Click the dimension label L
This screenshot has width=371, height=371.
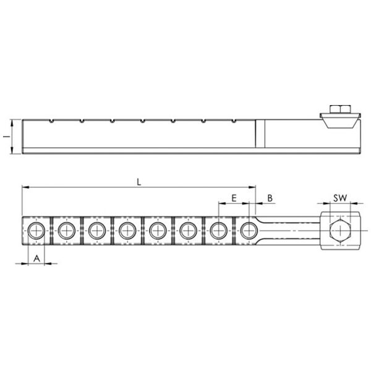click(139, 182)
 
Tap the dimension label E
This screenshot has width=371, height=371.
click(234, 198)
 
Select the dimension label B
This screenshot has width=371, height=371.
click(270, 198)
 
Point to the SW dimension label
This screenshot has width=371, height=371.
click(340, 198)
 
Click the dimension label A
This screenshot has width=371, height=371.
click(36, 258)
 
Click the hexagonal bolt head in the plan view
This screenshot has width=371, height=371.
click(340, 231)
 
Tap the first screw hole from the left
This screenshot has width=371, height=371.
click(36, 231)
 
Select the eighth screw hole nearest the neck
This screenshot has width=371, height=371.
click(249, 231)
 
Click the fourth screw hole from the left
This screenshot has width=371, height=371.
click(127, 231)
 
